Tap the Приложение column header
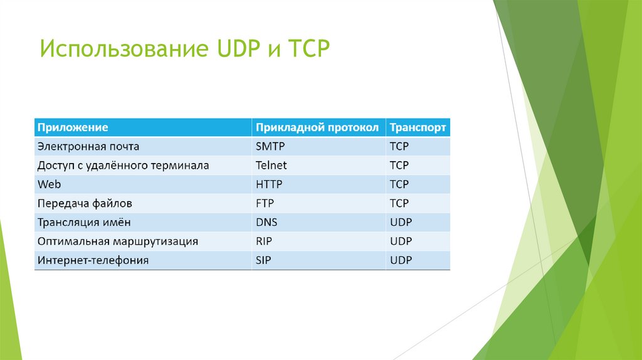pos(73,127)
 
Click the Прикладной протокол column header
pos(317,127)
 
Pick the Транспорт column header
pos(418,127)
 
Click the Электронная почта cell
pos(88,147)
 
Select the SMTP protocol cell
pos(270,147)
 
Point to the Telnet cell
pos(271,166)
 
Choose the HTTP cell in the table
pos(270,184)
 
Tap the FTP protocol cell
pos(265,203)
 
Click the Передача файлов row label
pos(85,203)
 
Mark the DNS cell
pos(266,222)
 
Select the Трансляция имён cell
pos(84,222)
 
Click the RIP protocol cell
pos(264,241)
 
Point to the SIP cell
pos(264,260)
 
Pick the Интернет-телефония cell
pos(93,260)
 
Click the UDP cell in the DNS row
pos(401,222)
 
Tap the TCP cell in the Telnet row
pos(399,166)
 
